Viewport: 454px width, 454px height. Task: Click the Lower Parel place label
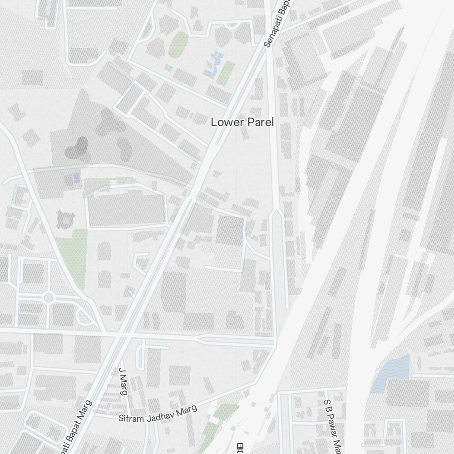242,122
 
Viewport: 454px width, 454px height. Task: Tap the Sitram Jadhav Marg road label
158,414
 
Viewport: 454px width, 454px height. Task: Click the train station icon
241,447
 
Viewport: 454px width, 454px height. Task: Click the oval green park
178,44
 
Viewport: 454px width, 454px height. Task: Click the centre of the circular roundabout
48,298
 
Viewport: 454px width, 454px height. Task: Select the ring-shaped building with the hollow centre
65,220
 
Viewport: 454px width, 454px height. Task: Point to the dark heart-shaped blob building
77,148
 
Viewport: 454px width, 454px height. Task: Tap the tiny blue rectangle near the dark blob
76,178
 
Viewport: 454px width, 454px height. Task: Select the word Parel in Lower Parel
260,122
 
